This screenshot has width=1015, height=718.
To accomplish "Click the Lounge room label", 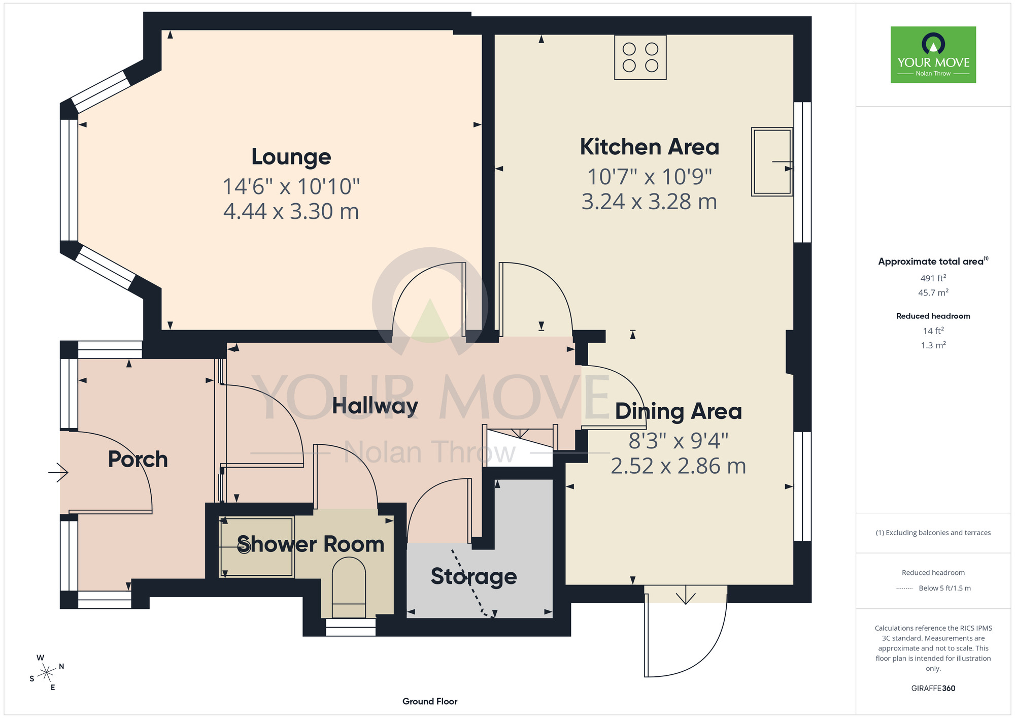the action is tap(291, 157).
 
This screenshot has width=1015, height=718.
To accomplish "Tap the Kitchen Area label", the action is tap(650, 147).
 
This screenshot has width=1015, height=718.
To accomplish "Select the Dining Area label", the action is tap(679, 412).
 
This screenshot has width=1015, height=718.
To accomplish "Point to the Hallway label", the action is tap(375, 406).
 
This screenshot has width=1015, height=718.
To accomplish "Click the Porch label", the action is tap(138, 460).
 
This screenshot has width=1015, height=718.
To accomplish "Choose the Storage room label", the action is tap(474, 577).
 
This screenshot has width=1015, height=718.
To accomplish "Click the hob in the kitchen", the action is tap(640, 57).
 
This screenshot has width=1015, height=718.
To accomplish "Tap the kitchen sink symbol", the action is tap(772, 162).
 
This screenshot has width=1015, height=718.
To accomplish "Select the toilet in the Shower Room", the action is tap(349, 588).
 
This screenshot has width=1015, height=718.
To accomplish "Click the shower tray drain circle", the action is tap(244, 547).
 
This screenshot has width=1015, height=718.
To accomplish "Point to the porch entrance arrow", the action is tap(58, 473).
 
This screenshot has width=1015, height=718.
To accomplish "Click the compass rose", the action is tap(47, 673).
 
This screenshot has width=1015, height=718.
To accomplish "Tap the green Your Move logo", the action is tap(933, 55).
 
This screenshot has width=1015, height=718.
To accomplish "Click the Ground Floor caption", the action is tap(430, 701).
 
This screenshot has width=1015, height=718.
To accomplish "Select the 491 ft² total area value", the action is tap(933, 278).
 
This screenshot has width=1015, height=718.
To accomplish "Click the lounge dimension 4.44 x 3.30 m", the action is tap(291, 211).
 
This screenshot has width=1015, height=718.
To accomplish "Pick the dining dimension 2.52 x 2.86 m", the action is tap(679, 466).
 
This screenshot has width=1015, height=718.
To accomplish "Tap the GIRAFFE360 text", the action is tap(933, 689).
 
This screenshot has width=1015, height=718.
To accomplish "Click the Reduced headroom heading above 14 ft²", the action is tap(933, 316).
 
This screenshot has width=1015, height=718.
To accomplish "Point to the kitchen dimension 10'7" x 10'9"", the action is tap(650, 177).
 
